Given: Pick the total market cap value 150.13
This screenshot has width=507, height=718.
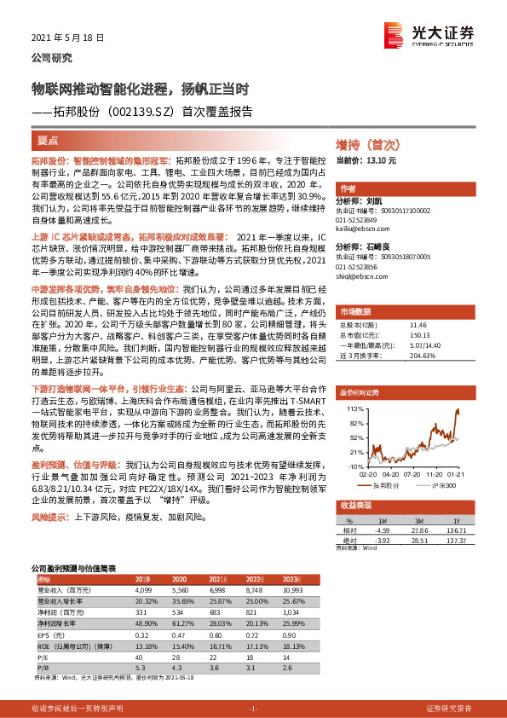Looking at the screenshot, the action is pos(418,335).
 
